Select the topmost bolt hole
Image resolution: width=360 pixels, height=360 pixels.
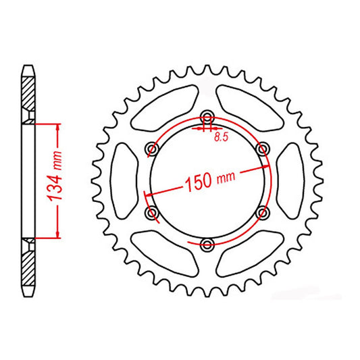207,115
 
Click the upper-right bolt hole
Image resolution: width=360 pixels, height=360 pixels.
263,147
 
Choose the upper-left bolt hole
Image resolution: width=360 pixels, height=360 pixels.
152,147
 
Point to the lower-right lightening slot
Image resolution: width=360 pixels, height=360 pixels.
251,249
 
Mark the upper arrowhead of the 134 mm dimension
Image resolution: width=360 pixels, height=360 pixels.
58,128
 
